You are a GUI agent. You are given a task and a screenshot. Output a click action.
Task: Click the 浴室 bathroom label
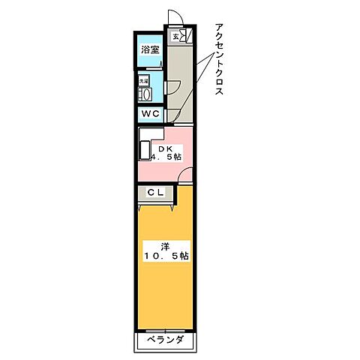(x=149, y=50)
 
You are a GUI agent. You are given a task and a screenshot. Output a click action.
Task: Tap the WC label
(x=150, y=113)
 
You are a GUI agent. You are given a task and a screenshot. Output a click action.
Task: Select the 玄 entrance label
(x=176, y=36)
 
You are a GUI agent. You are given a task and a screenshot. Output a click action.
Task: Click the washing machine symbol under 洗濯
(x=145, y=93)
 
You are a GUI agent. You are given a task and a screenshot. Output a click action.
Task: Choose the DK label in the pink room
(x=165, y=148)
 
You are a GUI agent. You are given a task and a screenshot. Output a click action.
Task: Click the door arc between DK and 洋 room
(x=184, y=176)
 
